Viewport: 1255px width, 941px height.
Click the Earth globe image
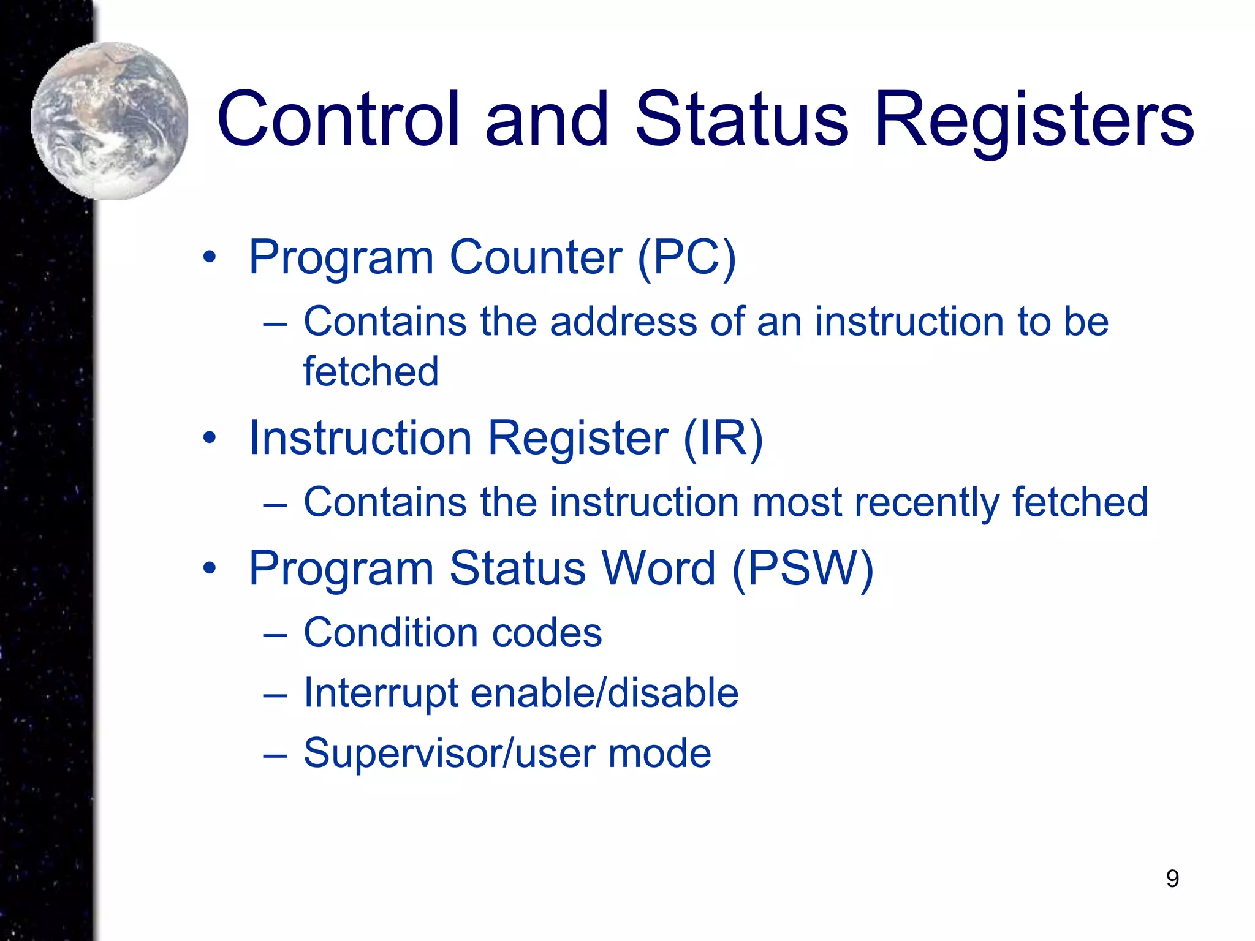tap(110, 121)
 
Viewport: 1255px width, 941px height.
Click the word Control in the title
tap(338, 119)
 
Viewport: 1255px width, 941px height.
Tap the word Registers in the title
tap(1034, 119)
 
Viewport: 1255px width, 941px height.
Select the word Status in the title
tap(742, 119)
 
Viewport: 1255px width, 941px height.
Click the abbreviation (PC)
tap(686, 257)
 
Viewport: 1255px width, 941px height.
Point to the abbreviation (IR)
tap(723, 439)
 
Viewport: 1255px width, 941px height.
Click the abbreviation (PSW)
tap(803, 569)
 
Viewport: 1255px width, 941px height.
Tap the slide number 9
tap(1172, 879)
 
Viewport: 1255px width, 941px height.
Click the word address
tap(623, 322)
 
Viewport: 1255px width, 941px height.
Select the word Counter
tap(536, 257)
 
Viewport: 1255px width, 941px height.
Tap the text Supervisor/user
tap(449, 754)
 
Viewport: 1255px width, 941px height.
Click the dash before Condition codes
tap(275, 635)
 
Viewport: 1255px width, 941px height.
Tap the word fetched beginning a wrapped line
tap(371, 372)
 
